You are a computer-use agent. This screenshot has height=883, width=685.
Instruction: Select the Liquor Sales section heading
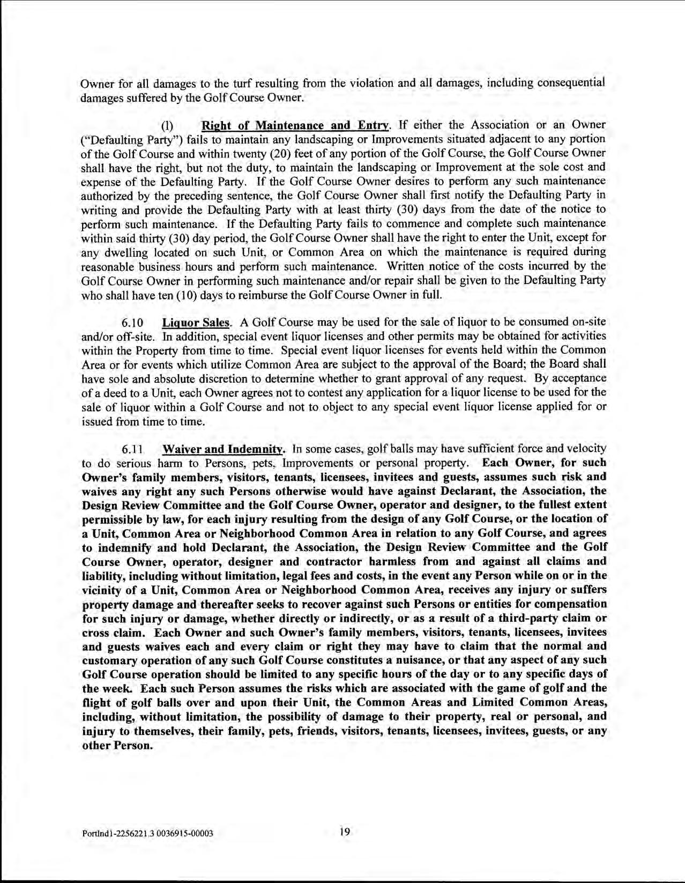click(x=196, y=322)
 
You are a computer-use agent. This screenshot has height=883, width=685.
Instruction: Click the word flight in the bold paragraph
click(x=96, y=702)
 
